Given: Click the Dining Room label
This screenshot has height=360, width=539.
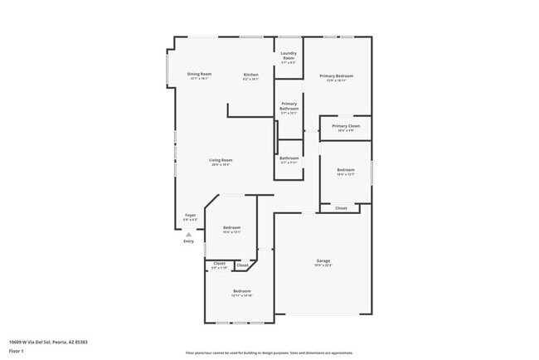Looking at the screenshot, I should coord(199,74).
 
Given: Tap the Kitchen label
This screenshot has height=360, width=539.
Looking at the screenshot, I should coord(250,75).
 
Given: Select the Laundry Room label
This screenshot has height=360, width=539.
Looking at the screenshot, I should coord(289,56).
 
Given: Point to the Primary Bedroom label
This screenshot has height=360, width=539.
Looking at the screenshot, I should coord(337,76).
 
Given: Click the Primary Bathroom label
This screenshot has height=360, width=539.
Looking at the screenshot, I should coord(289,106).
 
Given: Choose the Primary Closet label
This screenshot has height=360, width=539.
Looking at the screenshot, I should coord(345,126).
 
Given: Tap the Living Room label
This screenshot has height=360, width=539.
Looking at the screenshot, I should coord(221,160).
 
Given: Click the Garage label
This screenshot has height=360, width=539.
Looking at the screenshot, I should coord(323,260).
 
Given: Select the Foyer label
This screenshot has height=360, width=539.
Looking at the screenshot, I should coord(190,215).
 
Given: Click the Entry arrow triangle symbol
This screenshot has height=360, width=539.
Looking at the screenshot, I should coord(188,235).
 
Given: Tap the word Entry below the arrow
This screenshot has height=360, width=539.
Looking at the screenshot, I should coord(189,241).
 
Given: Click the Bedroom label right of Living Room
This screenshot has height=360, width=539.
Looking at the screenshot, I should coord(345,170).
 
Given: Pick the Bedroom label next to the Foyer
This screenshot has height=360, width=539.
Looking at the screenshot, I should coord(231,227).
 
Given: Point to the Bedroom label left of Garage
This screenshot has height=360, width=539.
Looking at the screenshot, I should coord(241,291).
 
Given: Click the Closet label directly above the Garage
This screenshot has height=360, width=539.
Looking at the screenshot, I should coord(341,208).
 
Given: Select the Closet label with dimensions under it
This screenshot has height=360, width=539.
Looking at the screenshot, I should coord(219,263).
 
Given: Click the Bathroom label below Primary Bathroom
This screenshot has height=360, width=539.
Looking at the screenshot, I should coord(289,158).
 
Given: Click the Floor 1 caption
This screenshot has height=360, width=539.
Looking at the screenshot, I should coord(16,351).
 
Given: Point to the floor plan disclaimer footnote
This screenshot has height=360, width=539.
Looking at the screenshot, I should coord(269,352).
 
